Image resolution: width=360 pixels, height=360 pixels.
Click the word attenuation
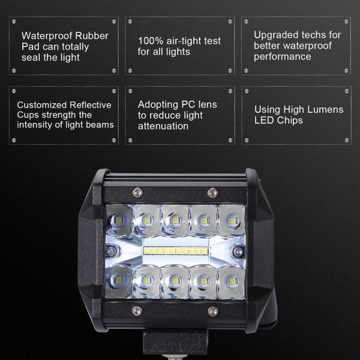click(163, 127)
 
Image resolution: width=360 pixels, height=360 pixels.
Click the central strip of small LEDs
click(176, 249)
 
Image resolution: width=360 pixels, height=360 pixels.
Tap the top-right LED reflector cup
click(231, 220)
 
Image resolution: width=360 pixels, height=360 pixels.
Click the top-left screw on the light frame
click(137, 192)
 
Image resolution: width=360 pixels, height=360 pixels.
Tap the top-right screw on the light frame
click(211, 192)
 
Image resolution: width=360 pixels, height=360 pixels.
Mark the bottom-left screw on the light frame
click(137, 310)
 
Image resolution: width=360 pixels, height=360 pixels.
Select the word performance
click(282, 57)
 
